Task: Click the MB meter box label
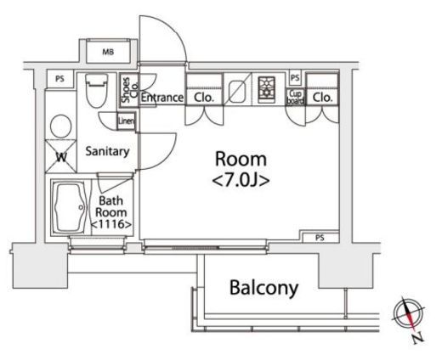pyautogui.click(x=108, y=52)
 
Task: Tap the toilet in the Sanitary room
pyautogui.click(x=97, y=91)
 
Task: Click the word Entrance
pyautogui.click(x=162, y=98)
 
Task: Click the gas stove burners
pyautogui.click(x=266, y=90)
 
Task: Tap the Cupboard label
pyautogui.click(x=295, y=97)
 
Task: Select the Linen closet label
pyautogui.click(x=127, y=121)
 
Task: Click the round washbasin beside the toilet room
pyautogui.click(x=60, y=127)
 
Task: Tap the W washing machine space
pyautogui.click(x=60, y=156)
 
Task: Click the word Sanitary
pyautogui.click(x=107, y=151)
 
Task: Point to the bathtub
pyautogui.click(x=70, y=208)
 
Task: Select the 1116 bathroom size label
pyautogui.click(x=111, y=224)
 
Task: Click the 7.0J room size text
pyautogui.click(x=241, y=180)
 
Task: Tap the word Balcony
pyautogui.click(x=263, y=288)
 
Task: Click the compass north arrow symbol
pyautogui.click(x=408, y=314)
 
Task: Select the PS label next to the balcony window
pyautogui.click(x=320, y=238)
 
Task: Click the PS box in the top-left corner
pyautogui.click(x=59, y=79)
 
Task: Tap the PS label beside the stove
pyautogui.click(x=295, y=77)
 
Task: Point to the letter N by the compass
pyautogui.click(x=417, y=338)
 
